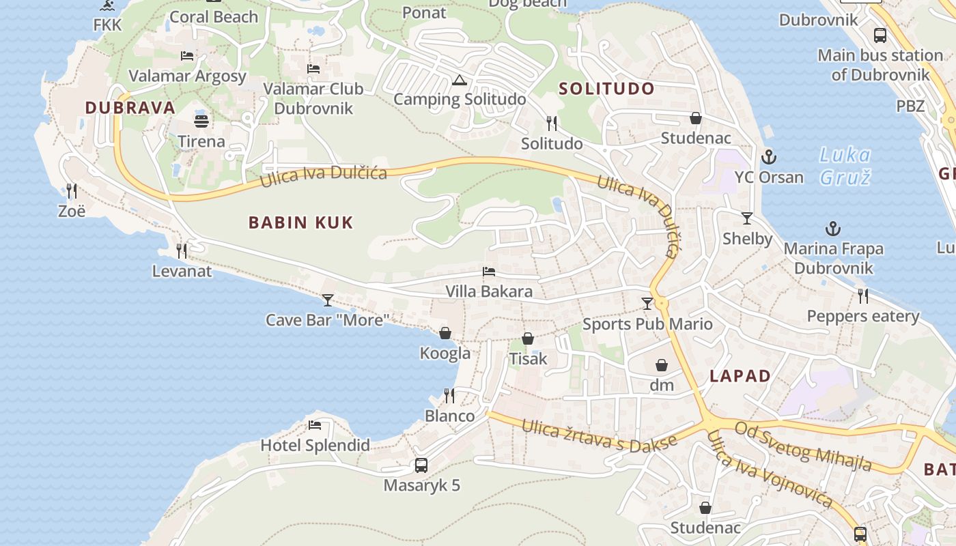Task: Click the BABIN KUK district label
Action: [x=300, y=222]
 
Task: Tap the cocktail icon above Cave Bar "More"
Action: [x=328, y=300]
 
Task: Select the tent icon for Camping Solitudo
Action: [x=460, y=80]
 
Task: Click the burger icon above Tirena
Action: [x=201, y=121]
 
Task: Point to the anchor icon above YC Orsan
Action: [x=769, y=157]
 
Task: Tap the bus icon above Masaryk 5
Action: [x=421, y=465]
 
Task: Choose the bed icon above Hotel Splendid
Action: [x=315, y=425]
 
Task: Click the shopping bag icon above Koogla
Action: [x=445, y=333]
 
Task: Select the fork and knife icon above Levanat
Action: [x=182, y=251]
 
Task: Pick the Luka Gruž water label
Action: [x=845, y=167]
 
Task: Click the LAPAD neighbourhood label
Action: [x=740, y=376]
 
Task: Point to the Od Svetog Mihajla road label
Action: [x=803, y=446]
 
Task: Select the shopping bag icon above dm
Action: [x=661, y=365]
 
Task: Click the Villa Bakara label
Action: [x=489, y=291]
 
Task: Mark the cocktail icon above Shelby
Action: [x=747, y=218]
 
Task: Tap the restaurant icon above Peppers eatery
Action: [x=863, y=296]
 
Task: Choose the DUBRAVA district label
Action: [x=130, y=108]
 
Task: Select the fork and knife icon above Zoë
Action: [x=72, y=190]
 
